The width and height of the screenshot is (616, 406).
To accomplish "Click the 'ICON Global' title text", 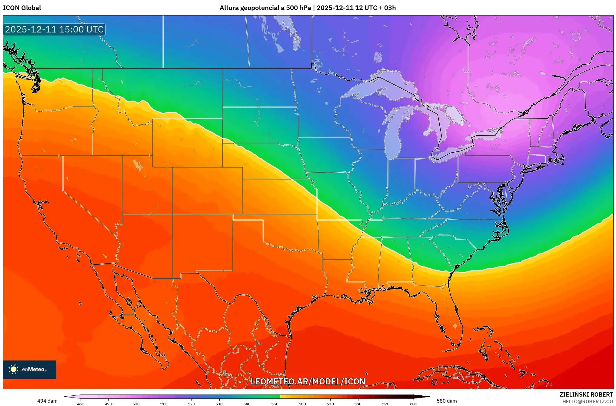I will tap(22, 8).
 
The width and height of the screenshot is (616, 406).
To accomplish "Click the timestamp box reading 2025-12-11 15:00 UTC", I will tap(54, 29).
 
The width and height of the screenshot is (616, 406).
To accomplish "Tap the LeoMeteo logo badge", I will tap(30, 369).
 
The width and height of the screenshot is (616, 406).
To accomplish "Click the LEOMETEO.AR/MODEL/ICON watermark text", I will tap(308, 381).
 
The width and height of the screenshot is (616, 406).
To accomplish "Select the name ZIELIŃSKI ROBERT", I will tap(586, 394).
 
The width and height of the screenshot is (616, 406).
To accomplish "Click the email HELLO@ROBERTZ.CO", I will tap(588, 401).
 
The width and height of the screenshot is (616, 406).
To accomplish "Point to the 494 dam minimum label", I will tap(47, 401).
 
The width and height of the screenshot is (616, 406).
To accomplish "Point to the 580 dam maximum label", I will tap(446, 401).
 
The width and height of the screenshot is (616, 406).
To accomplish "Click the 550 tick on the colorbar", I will tap(275, 404).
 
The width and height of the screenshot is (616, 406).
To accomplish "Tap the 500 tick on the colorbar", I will tap(136, 404).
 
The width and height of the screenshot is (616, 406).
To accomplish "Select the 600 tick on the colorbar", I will tap(413, 404).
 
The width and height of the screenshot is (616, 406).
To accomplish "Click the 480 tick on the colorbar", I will tap(81, 404).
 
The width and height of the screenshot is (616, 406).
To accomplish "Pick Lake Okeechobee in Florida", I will tap(455, 326).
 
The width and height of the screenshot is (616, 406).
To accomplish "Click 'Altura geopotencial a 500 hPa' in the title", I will tap(265, 8).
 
